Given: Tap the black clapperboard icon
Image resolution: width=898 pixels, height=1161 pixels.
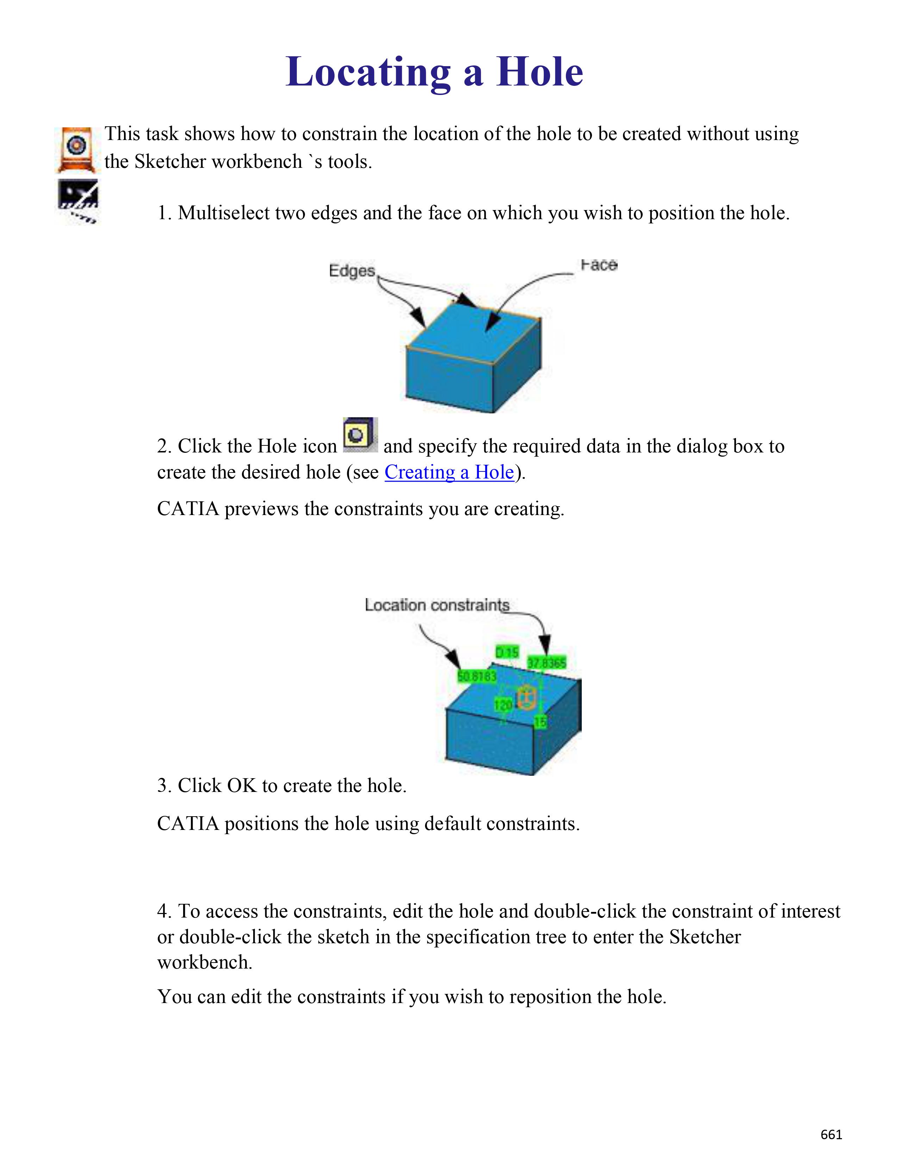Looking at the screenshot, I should pos(78,201).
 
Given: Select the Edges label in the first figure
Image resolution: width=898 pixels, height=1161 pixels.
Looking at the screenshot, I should pos(352,271).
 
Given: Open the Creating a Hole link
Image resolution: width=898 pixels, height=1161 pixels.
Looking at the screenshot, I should pos(449,472).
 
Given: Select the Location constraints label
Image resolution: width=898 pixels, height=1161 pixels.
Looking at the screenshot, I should pos(437,605).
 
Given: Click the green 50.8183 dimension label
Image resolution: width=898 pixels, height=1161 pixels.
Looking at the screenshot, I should pos(477,676).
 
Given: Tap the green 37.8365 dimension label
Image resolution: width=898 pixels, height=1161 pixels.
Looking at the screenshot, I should pos(546,663).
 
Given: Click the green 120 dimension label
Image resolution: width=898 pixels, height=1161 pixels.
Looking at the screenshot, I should pos(503,705).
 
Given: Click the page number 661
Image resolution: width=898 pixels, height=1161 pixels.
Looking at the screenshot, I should pos(831,1134).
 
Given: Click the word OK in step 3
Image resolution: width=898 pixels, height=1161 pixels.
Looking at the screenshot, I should pos(242,785).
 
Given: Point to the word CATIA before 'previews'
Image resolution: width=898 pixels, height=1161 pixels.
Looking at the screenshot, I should pos(188,509).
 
